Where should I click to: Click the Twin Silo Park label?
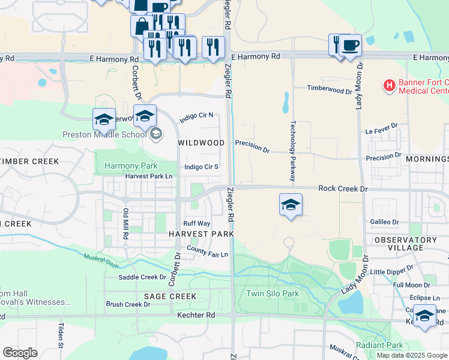pyautogui.click(x=272, y=293)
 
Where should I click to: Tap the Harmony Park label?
pyautogui.click(x=130, y=166)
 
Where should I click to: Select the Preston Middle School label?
pyautogui.click(x=104, y=134)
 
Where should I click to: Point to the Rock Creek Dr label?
pyautogui.click(x=342, y=188)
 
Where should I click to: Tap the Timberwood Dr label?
pyautogui.click(x=329, y=89)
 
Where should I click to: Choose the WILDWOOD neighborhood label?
pyautogui.click(x=201, y=143)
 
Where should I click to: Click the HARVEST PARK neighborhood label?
pyautogui.click(x=200, y=233)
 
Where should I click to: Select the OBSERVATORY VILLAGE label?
pyautogui.click(x=405, y=244)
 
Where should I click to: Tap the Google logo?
pyautogui.click(x=20, y=352)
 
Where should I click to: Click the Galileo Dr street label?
pyautogui.click(x=385, y=221)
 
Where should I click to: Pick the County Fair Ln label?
pyautogui.click(x=208, y=251)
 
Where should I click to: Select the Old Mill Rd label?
pyautogui.click(x=126, y=222)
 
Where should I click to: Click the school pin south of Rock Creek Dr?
pyautogui.click(x=291, y=205)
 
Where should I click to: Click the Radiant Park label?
pyautogui.click(x=379, y=345)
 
